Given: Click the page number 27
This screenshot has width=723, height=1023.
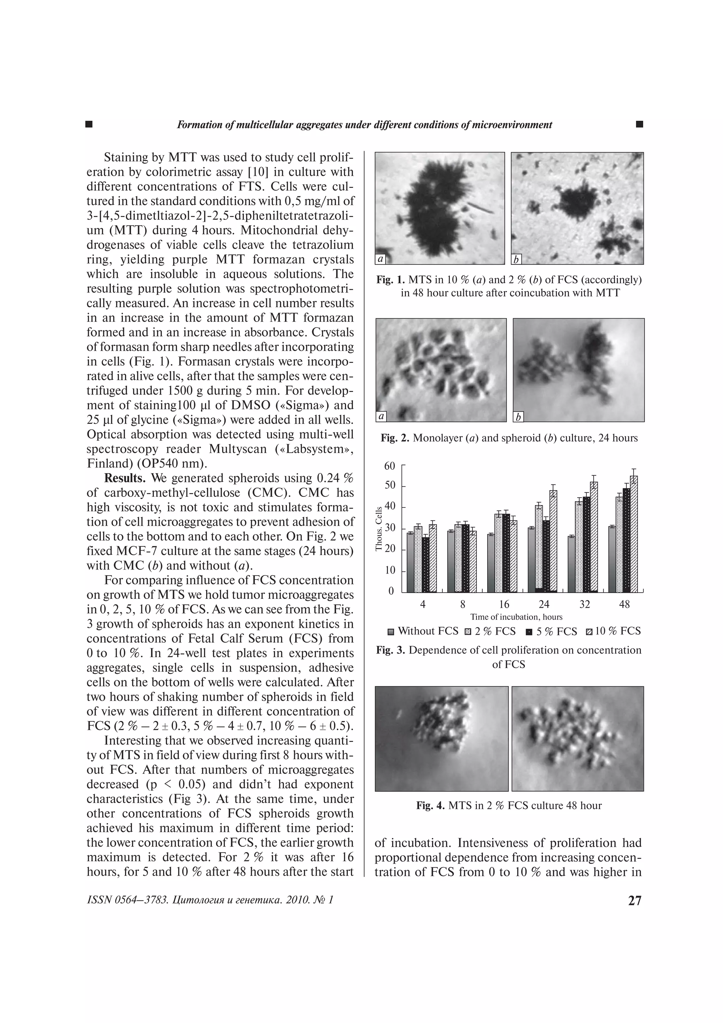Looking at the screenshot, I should pos(635,900).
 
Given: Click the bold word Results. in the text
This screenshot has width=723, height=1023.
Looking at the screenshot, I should pos(125,478).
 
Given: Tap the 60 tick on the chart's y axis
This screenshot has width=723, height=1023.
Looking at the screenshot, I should pos(389,466).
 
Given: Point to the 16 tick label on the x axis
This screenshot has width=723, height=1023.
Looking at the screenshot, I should pos(504,604).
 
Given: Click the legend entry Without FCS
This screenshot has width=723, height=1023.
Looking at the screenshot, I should pos(423,631).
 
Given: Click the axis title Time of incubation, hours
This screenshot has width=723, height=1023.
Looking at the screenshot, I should pos(516,617).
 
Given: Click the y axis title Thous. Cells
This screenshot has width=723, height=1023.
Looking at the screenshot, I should pos(379,529).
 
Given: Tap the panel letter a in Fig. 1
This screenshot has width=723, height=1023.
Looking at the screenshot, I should pos(381,258).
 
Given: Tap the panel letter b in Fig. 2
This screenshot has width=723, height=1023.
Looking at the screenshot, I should pos(519,417).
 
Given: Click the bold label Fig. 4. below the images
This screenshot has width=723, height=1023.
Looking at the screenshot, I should pos(430,805).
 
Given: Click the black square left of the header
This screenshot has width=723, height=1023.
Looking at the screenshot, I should pos(89,124).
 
